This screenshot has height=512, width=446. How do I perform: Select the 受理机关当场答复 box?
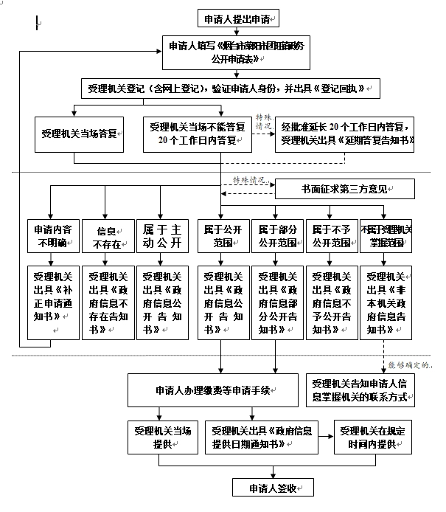80,134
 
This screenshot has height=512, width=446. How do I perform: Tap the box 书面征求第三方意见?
344,190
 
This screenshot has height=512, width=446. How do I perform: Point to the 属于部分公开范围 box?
278,236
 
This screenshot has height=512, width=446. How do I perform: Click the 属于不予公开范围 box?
331,236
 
